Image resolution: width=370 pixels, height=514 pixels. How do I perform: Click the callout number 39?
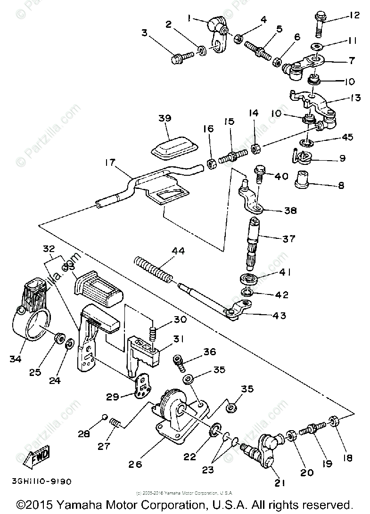click(165, 119)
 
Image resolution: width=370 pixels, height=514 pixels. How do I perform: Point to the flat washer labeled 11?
click(317, 46)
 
